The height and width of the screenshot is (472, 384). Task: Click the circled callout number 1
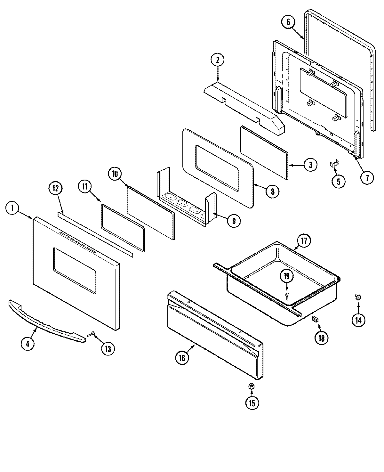pos(12,209)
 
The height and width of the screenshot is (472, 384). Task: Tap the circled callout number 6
pos(288,22)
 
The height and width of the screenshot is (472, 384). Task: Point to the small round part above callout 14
pos(358,297)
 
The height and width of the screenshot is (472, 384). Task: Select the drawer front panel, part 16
pos(214,336)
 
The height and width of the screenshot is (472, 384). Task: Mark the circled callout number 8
pos(272,191)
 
